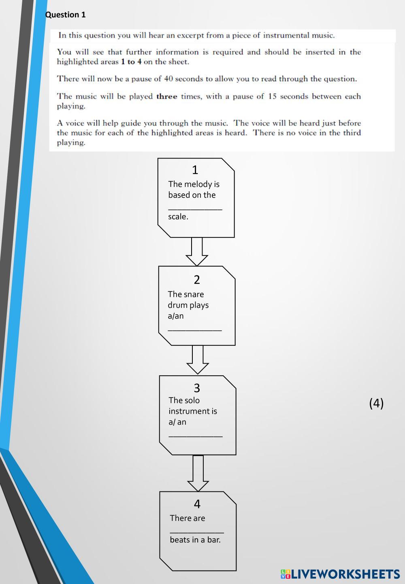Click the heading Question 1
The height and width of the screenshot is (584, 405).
coord(65,15)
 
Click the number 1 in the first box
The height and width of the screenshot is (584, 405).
coord(195,170)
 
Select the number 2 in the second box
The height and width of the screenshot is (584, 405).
coord(197,280)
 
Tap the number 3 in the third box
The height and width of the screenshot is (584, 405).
coord(197,388)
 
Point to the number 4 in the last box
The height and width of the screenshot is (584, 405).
coord(197,504)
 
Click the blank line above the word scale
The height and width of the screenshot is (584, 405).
coord(195,208)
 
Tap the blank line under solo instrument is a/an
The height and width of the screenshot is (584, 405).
coord(196,435)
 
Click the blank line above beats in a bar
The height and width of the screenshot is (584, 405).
coord(197,531)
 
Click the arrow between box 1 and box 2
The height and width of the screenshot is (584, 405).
coord(197,252)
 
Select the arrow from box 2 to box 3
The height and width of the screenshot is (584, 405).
coord(198,360)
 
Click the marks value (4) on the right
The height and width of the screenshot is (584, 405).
coord(376,403)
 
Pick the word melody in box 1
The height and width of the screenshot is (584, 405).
coord(198,184)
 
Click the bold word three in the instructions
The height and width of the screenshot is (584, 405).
coord(166,97)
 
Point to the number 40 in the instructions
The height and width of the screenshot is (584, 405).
coord(169,79)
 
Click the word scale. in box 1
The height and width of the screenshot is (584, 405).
coord(178,217)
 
